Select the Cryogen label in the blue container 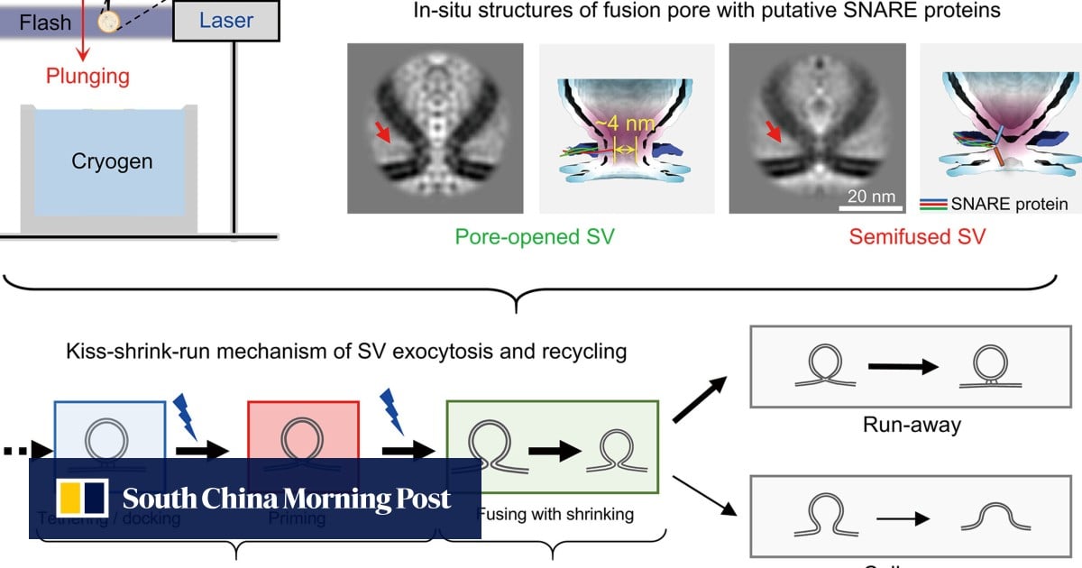point(112,162)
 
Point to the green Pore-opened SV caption point(530,237)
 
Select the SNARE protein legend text point(1009,204)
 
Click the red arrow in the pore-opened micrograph point(384,134)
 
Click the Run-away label point(911,424)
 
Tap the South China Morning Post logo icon point(83,499)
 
